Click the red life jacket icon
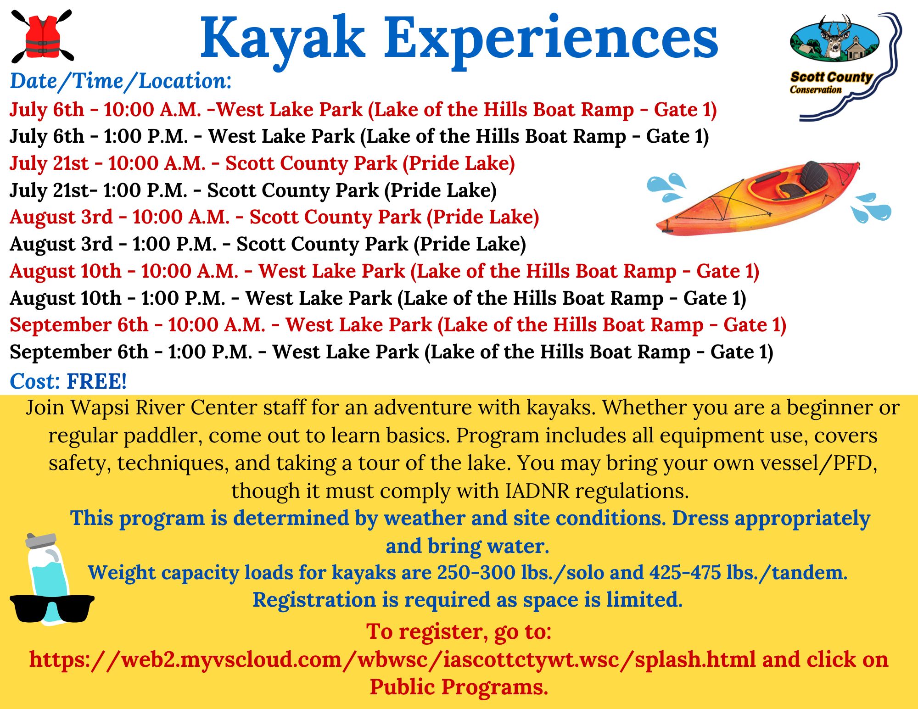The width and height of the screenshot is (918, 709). click(42, 37)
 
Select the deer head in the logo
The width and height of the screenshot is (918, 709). click(834, 37)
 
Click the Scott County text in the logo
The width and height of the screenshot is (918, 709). click(831, 77)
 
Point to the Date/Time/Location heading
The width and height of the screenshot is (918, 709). click(121, 81)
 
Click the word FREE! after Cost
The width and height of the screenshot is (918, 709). click(97, 381)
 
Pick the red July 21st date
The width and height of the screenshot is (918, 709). click(49, 163)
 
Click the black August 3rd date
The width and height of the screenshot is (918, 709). click(61, 244)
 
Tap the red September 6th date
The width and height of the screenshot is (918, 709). click(79, 325)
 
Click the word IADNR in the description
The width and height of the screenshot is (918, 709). click(537, 491)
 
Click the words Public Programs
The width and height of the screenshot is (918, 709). click(459, 687)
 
